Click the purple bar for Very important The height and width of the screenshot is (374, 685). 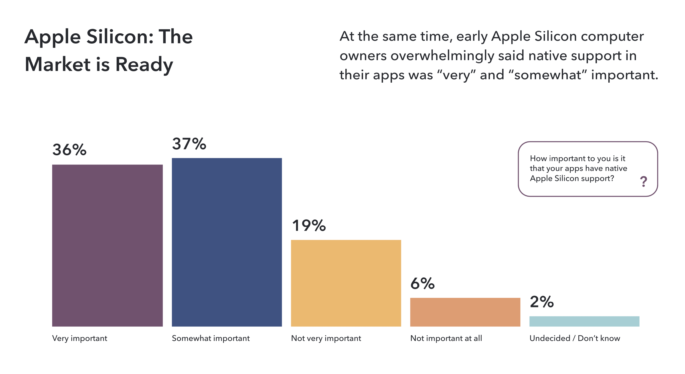[x=108, y=245]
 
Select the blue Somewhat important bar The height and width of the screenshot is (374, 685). [x=227, y=242]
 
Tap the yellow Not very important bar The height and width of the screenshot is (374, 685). [x=346, y=283]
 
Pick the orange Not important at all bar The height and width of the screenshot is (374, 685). [x=465, y=312]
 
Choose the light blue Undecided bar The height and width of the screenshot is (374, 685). [x=584, y=321]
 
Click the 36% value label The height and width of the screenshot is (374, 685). [x=69, y=150]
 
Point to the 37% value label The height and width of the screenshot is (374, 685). [x=189, y=144]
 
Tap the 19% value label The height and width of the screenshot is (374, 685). [x=309, y=225]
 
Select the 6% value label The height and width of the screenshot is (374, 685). [x=422, y=284]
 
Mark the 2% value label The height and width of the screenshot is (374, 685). [x=542, y=302]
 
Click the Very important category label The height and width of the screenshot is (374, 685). [x=80, y=338]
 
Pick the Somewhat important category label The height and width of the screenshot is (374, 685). [x=211, y=338]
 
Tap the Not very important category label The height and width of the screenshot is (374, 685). [x=326, y=338]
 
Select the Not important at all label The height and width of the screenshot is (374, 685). [x=446, y=338]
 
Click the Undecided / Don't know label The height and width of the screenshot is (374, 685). [x=575, y=338]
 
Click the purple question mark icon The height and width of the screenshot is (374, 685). [x=644, y=182]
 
